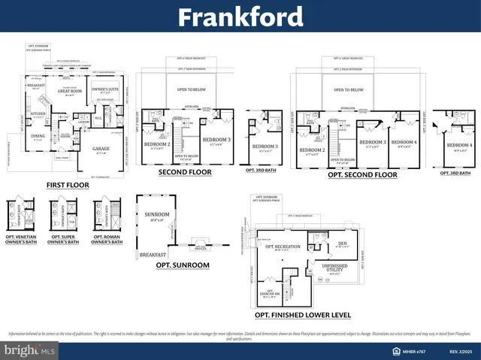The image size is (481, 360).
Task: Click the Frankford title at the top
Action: point(240,17)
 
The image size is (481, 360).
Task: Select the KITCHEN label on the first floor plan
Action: point(38,114)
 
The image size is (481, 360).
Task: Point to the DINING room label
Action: point(38,136)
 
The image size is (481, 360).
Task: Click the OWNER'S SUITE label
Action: point(102,90)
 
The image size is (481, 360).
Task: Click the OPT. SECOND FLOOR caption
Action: point(362,175)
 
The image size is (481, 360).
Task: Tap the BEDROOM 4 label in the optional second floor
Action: point(404,142)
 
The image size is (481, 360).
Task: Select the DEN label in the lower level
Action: point(342,244)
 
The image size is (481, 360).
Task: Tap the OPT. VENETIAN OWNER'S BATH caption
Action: point(20,241)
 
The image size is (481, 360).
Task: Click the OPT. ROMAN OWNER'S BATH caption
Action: point(107,241)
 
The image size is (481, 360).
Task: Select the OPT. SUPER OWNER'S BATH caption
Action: point(63,241)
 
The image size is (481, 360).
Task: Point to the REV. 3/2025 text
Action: point(461,350)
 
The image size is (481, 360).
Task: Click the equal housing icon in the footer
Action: point(395,350)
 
